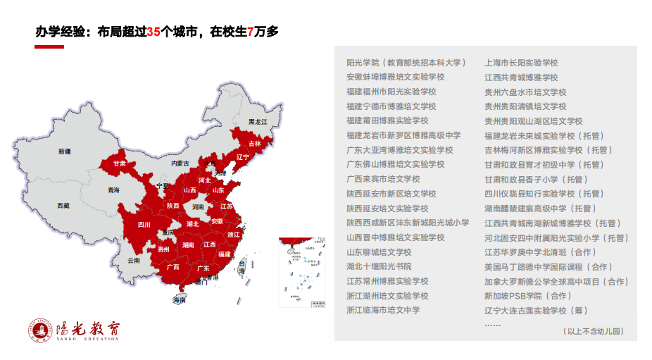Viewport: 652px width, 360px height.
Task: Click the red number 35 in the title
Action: click(154, 31)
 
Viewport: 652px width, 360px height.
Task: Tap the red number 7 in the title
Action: click(251, 31)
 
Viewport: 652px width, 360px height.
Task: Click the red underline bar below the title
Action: click(49, 46)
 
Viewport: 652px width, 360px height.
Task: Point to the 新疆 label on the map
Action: click(65, 151)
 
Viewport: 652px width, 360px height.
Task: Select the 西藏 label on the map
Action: click(63, 206)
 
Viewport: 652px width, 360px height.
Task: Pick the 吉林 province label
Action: click(254, 144)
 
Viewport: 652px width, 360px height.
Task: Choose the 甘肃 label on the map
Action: click(120, 163)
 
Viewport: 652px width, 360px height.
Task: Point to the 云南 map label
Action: click(134, 260)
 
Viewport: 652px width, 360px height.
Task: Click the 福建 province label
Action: click(225, 254)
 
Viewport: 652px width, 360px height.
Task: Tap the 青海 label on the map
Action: click(113, 190)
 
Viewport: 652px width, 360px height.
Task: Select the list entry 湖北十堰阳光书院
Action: click(379, 266)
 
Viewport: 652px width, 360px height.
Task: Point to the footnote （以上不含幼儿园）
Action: click(593, 330)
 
